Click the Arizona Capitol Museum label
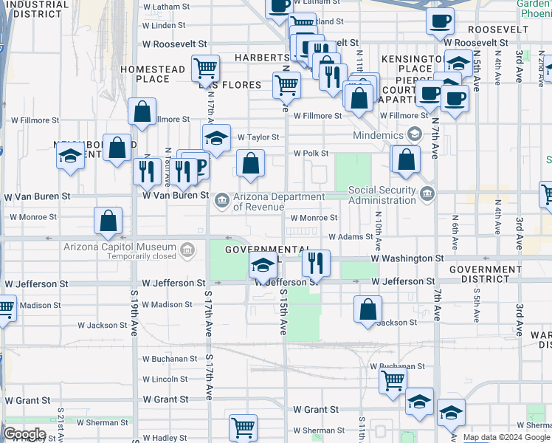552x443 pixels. [120, 247]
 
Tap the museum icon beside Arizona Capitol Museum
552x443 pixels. [188, 250]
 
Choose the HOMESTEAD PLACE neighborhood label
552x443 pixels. [153, 74]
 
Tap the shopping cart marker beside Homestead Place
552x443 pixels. [205, 69]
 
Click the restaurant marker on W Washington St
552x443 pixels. [316, 261]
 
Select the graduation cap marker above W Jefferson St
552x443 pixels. [263, 264]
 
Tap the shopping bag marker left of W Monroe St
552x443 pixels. [108, 220]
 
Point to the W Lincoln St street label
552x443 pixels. [165, 380]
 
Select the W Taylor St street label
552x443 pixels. [258, 137]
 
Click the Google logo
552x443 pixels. [24, 434]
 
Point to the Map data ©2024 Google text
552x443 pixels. [506, 437]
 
